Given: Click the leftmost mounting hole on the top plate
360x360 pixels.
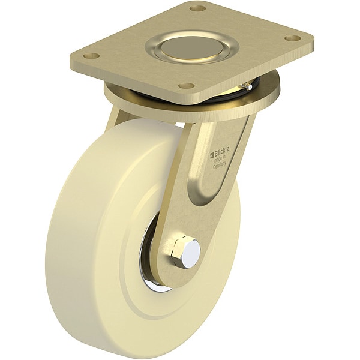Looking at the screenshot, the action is pos(91,56).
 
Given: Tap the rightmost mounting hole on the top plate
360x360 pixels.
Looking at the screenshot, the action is pos(292,37).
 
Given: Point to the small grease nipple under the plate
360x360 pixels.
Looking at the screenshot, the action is pos(245,86).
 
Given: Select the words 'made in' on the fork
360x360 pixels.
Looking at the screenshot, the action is pos(220,158).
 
